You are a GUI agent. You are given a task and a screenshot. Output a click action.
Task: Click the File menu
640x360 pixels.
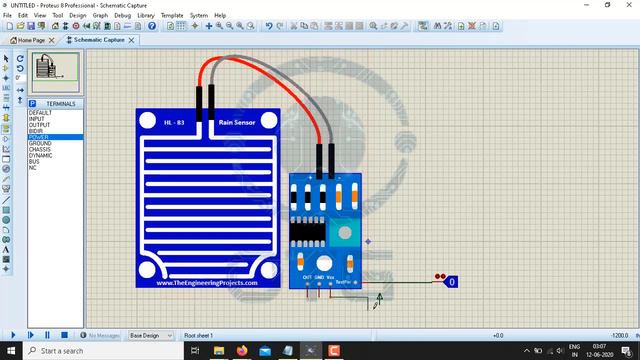(8, 16)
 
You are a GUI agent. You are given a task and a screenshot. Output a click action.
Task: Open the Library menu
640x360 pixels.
(146, 16)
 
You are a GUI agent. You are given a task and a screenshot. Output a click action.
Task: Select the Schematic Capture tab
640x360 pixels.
(99, 40)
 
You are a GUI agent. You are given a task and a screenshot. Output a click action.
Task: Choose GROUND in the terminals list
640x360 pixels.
(41, 143)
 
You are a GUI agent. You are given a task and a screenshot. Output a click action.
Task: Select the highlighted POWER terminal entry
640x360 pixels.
(39, 137)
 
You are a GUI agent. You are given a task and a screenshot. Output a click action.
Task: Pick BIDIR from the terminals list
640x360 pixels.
(36, 131)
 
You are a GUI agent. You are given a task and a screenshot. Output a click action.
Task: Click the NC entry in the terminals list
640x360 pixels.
(32, 167)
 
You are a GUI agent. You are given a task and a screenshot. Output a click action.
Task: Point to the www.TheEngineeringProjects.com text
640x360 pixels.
(207, 283)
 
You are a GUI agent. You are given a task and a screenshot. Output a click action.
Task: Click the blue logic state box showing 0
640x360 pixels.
(452, 282)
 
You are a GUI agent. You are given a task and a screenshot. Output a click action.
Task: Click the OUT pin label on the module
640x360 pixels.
(307, 277)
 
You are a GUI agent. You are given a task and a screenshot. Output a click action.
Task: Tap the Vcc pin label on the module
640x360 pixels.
(331, 277)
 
